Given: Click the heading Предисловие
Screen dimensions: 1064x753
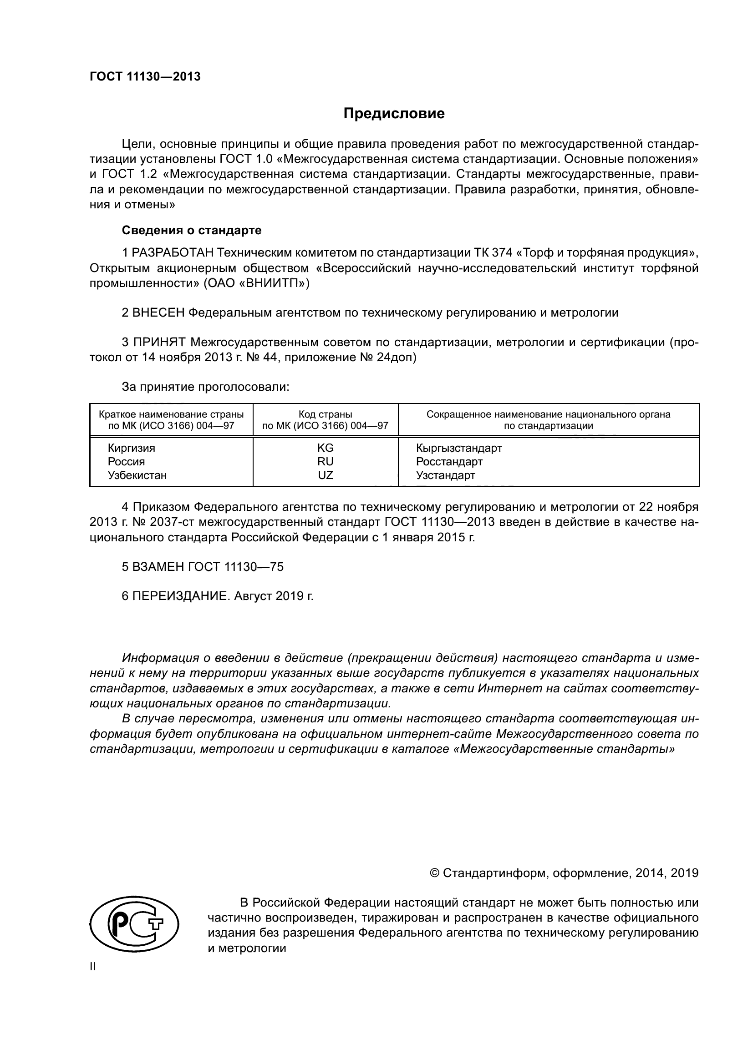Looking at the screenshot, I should [x=394, y=114].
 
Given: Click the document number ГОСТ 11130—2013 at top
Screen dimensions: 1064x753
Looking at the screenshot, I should [x=145, y=77].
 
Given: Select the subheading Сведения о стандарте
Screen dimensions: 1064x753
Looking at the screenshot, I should [x=192, y=230].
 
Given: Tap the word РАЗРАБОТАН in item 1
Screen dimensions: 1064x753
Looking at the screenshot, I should [x=173, y=252].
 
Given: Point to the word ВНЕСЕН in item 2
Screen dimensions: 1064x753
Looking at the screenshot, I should [x=158, y=313].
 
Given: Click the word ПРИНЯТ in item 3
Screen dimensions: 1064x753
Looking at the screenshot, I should [x=159, y=343].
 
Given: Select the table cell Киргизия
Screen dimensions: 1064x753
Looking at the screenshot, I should [x=131, y=448].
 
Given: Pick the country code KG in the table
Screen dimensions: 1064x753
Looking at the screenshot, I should [x=325, y=448].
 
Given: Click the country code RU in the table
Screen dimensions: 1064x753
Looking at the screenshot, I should [x=325, y=462].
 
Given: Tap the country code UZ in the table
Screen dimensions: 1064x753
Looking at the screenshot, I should [x=325, y=475].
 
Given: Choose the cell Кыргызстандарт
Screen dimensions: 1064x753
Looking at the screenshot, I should [x=458, y=448].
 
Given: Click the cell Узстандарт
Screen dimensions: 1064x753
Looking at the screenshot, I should [x=445, y=475].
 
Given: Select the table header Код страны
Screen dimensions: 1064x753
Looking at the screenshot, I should [x=325, y=414].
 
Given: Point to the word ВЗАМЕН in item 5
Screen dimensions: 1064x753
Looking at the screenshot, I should [x=159, y=567].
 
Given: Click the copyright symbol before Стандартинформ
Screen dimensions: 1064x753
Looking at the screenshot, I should [x=434, y=873].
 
